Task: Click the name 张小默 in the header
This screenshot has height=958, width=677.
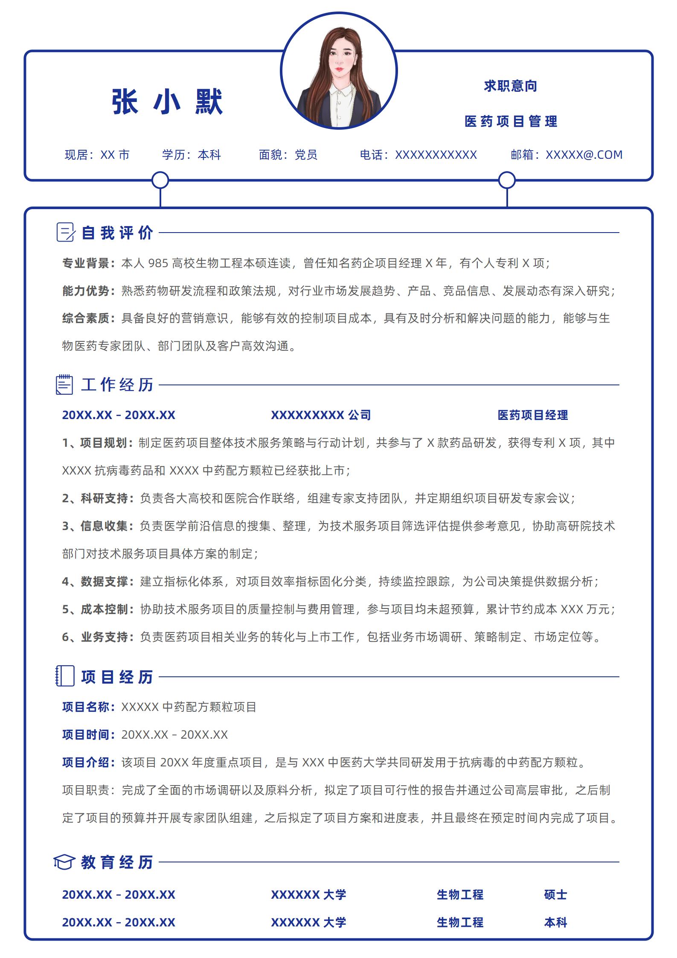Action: click(167, 102)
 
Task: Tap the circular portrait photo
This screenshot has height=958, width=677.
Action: click(339, 71)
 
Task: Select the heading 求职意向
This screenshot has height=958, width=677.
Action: click(510, 86)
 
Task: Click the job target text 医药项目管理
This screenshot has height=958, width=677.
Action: click(511, 122)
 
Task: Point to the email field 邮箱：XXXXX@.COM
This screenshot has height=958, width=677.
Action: click(567, 154)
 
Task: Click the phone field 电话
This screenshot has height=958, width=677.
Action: click(418, 154)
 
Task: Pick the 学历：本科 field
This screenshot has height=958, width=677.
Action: click(192, 154)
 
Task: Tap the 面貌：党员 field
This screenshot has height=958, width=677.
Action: click(288, 154)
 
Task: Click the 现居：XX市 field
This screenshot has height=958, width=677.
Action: click(97, 154)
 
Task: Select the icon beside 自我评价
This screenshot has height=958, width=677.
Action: click(66, 233)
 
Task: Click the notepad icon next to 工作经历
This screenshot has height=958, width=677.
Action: click(64, 384)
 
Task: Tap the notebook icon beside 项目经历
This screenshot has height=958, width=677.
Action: click(65, 676)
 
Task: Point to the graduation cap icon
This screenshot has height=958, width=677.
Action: click(64, 862)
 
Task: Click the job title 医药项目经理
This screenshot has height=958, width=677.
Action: click(532, 415)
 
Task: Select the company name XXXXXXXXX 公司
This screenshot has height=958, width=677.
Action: click(321, 415)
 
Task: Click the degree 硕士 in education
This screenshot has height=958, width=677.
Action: click(555, 894)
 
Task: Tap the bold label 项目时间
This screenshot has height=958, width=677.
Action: click(88, 734)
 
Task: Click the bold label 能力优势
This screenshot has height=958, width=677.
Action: click(88, 291)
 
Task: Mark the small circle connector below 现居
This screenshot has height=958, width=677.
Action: click(160, 181)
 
